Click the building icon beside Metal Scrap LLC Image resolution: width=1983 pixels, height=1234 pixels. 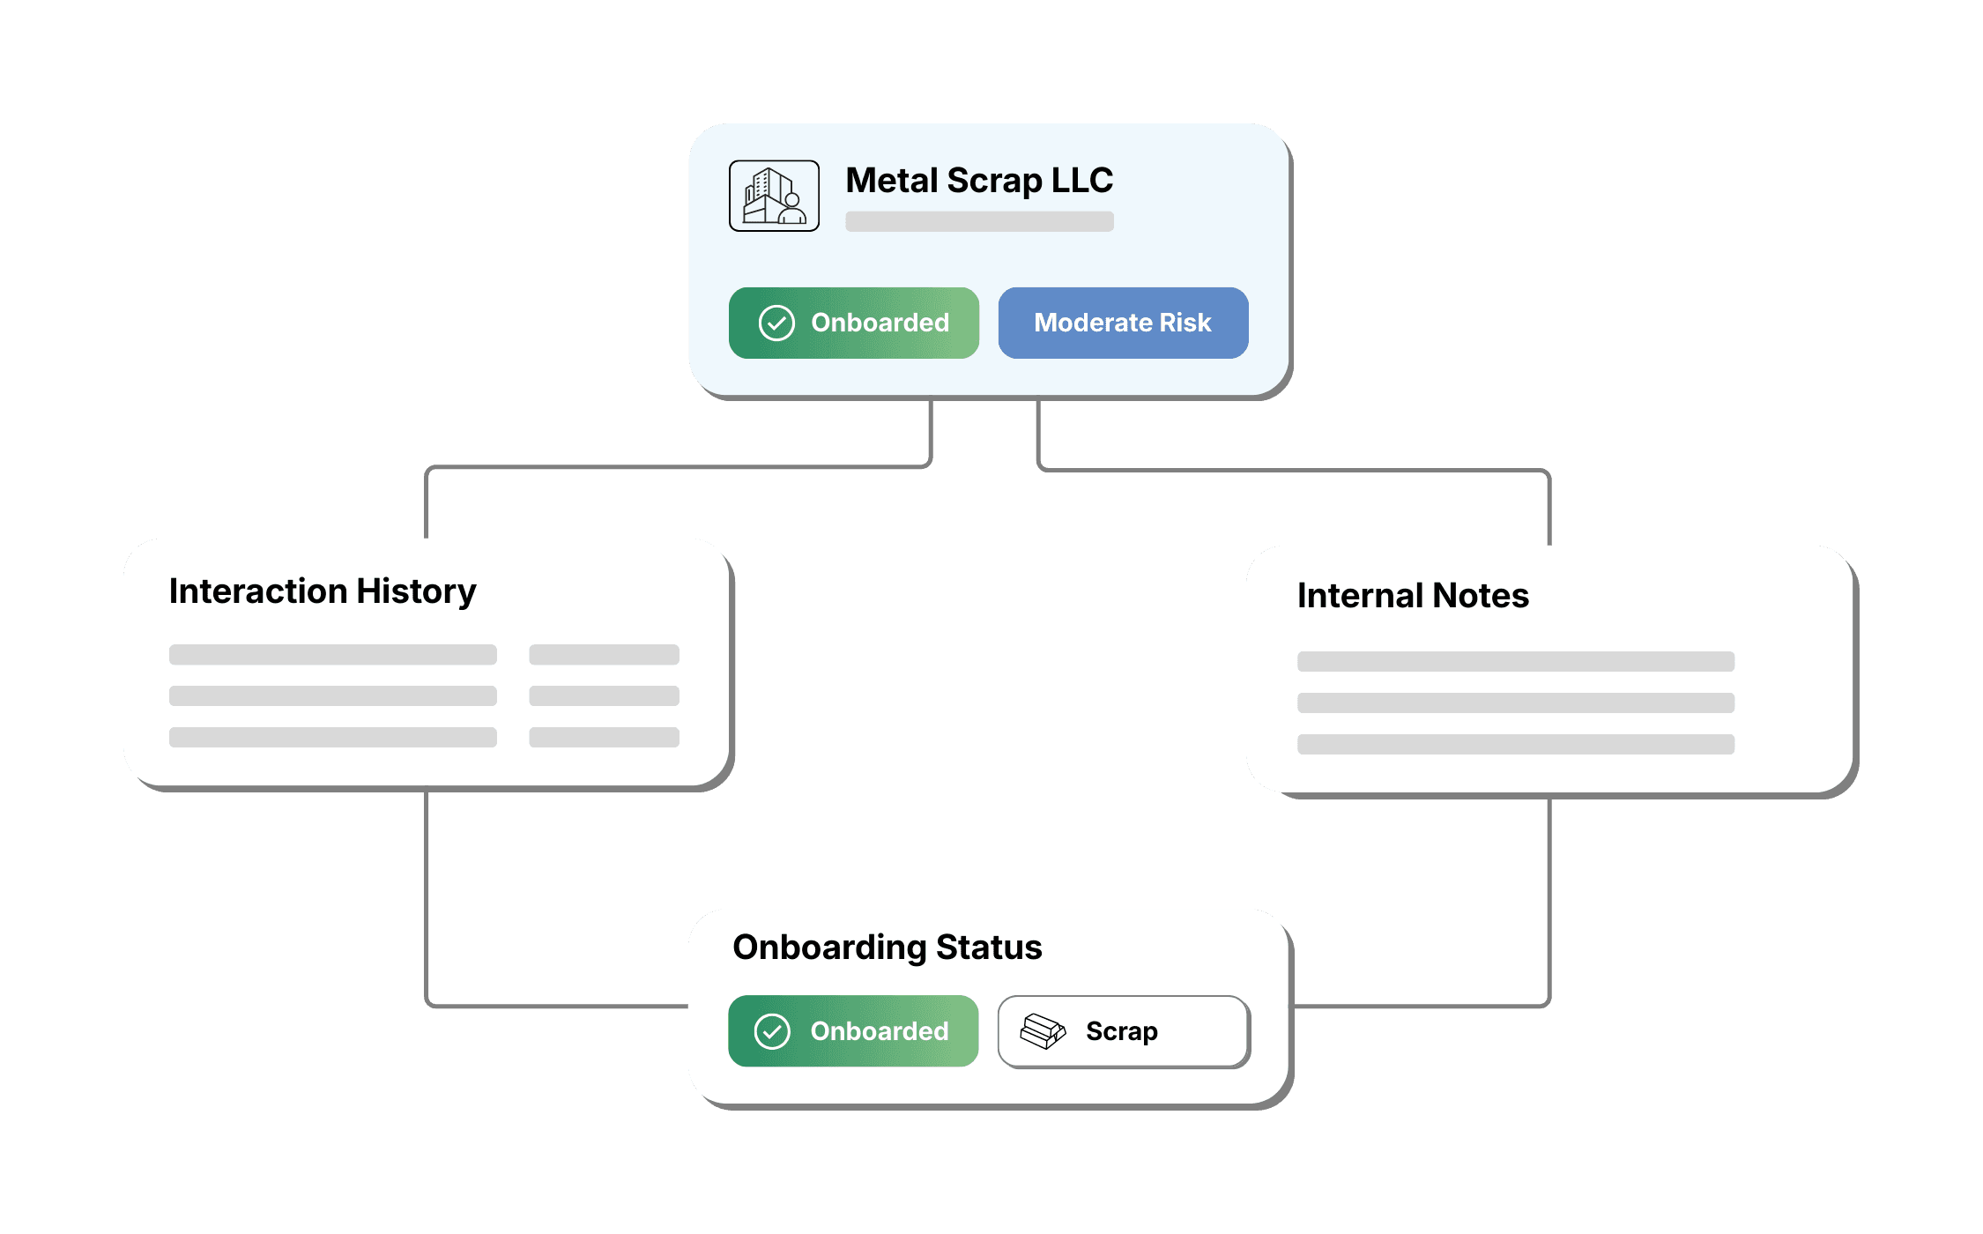click(774, 196)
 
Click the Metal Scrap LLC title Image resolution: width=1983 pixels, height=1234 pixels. click(978, 181)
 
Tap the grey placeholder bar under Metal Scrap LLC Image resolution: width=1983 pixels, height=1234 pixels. click(978, 221)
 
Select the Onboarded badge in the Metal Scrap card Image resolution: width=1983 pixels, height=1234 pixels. click(853, 323)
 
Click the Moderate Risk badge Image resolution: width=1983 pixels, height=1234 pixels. click(1122, 323)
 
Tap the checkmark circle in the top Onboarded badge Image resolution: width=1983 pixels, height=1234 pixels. click(776, 323)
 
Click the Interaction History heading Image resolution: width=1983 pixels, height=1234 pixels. click(323, 591)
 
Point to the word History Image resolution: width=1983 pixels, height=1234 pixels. click(416, 591)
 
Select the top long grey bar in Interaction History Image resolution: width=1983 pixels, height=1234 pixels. click(332, 654)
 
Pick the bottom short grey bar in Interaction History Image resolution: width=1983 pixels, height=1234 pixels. click(604, 737)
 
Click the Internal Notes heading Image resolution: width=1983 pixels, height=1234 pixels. click(1413, 596)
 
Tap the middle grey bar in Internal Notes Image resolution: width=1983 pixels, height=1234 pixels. click(1515, 702)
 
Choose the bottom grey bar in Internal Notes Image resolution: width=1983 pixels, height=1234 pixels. click(1515, 744)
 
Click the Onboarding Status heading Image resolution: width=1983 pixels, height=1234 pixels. click(887, 948)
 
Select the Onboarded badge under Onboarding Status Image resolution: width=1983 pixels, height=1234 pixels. click(853, 1031)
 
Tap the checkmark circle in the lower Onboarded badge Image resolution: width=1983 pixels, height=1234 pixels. click(772, 1031)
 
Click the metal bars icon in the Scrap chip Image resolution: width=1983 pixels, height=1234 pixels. click(1043, 1030)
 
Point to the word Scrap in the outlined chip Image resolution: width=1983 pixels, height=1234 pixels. click(1121, 1031)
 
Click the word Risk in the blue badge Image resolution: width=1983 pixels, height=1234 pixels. click(1185, 323)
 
